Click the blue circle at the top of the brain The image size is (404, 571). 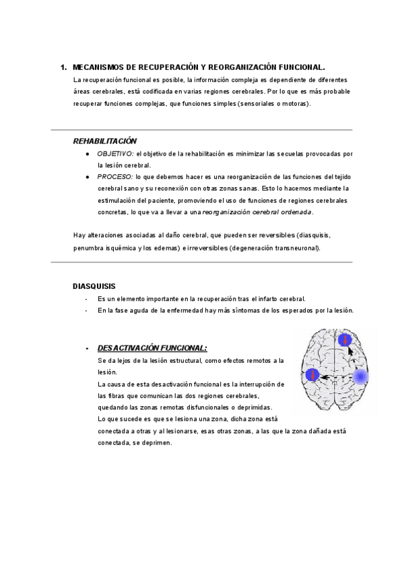tap(345, 340)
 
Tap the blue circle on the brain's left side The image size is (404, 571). tap(312, 376)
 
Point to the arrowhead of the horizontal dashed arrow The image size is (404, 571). tap(323, 378)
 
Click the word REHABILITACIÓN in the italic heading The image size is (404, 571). tap(104, 141)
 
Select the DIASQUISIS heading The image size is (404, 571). tap(94, 286)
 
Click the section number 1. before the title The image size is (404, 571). tap(63, 67)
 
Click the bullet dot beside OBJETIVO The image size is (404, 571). tap(88, 154)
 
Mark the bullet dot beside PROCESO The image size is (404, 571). tap(88, 176)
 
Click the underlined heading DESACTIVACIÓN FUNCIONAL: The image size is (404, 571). tap(152, 348)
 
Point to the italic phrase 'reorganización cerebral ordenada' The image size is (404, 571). tap(257, 211)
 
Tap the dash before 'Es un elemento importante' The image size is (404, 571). tap(86, 298)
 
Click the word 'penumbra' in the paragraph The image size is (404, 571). tap(88, 248)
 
